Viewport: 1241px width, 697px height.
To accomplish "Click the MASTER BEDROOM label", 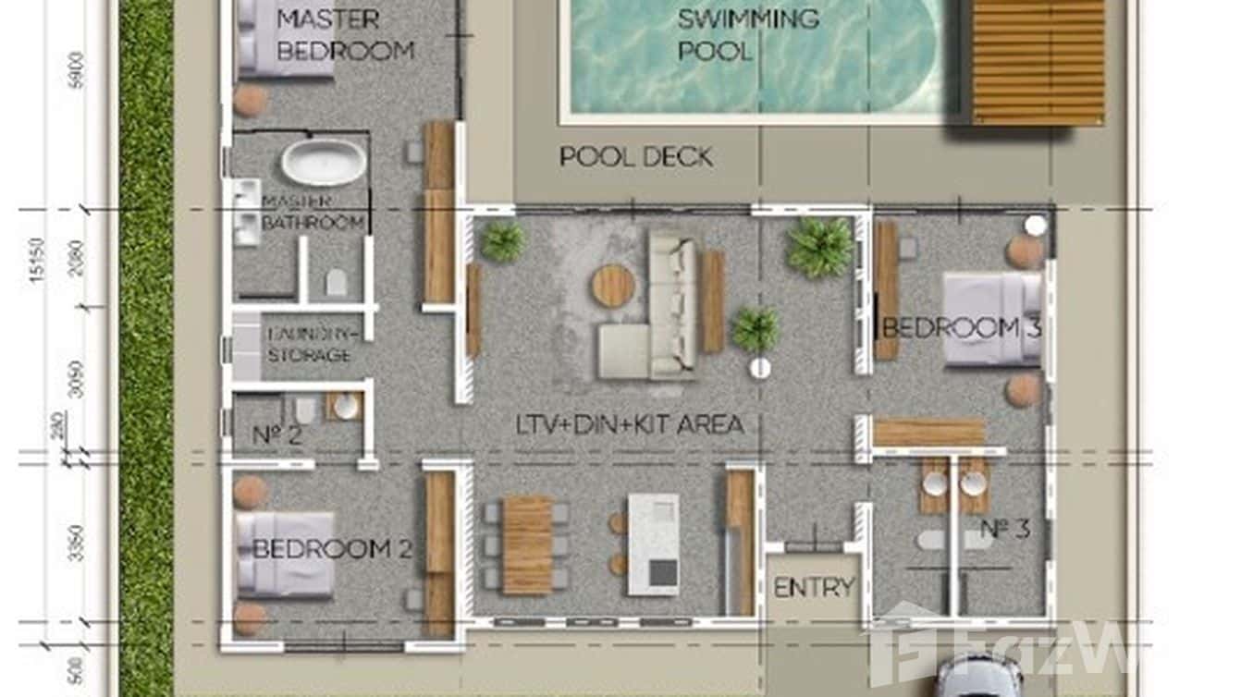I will [345, 34].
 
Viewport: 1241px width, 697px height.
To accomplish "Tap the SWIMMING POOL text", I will [747, 34].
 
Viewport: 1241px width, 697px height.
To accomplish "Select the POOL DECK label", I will [636, 157].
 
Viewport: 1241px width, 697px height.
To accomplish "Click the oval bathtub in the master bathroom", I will [324, 163].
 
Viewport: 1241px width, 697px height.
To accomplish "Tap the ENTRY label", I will [814, 588].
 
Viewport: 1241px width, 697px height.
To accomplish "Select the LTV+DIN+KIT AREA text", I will [630, 425].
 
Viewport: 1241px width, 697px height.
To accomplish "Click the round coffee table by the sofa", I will [613, 285].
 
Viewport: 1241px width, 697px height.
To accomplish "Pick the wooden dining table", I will [527, 544].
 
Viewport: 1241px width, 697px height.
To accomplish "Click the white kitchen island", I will [654, 544].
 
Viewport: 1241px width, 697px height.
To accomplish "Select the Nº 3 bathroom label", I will [1005, 531].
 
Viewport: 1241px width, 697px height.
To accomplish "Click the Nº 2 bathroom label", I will [277, 434].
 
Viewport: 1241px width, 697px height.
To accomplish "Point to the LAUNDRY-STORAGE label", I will [309, 345].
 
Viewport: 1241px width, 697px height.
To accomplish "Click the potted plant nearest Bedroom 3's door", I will [819, 247].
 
